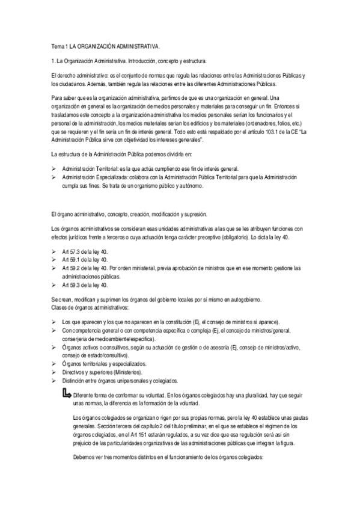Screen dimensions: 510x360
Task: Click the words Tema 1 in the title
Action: point(58,46)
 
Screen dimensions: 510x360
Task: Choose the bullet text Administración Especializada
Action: point(90,179)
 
